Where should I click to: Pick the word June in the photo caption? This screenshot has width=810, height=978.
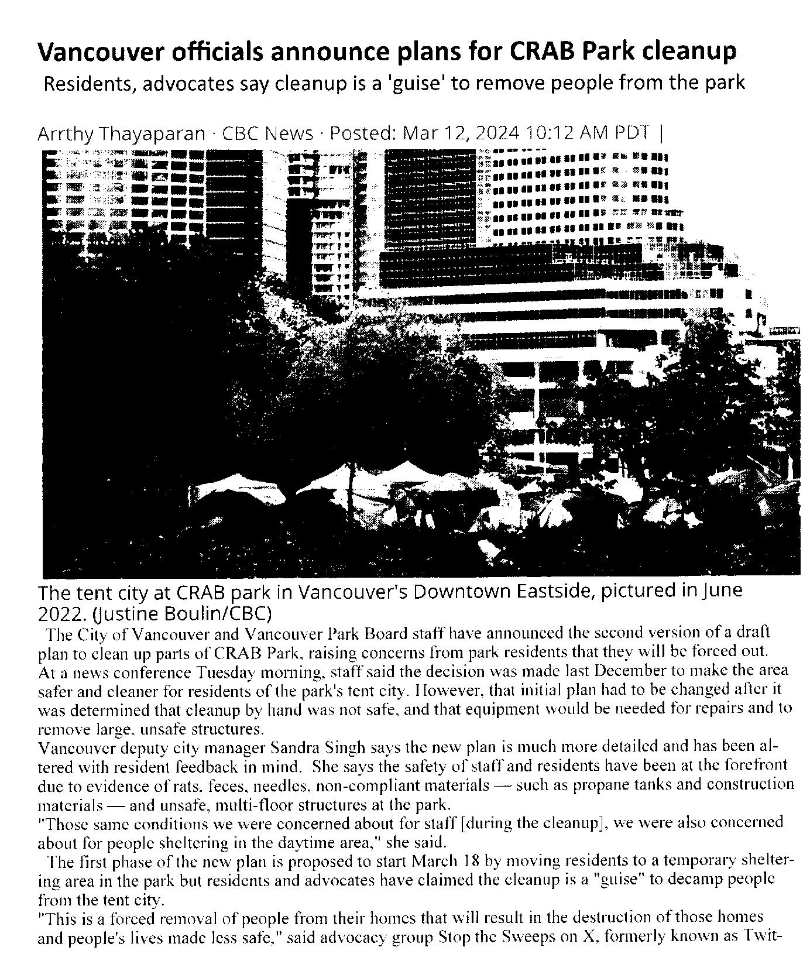(722, 590)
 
